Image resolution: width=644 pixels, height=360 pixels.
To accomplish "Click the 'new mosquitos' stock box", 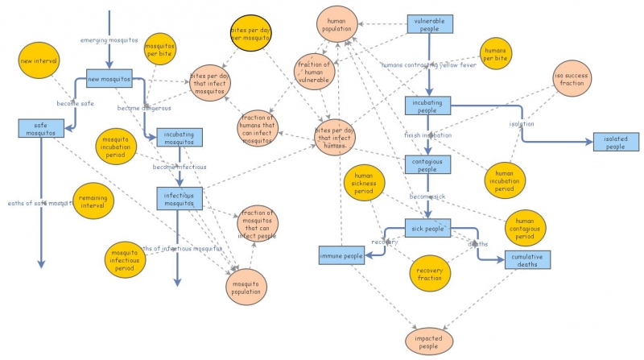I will click(109, 79).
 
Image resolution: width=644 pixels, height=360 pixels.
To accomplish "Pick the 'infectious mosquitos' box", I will click(179, 197).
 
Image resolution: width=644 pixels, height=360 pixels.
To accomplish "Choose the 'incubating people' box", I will click(427, 106).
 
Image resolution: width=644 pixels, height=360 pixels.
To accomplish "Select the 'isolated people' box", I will click(616, 143).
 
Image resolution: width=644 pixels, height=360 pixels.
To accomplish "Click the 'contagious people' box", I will click(427, 164).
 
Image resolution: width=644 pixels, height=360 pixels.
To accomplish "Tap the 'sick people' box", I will click(427, 228).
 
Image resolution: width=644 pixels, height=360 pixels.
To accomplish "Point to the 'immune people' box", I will click(343, 256).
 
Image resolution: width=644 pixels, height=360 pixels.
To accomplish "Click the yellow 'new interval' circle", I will click(38, 60).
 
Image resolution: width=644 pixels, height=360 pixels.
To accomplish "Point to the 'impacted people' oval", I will click(427, 341).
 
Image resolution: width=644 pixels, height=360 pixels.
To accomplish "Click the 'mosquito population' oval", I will click(247, 288).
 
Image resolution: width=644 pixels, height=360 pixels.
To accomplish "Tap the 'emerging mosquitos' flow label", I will click(109, 39).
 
